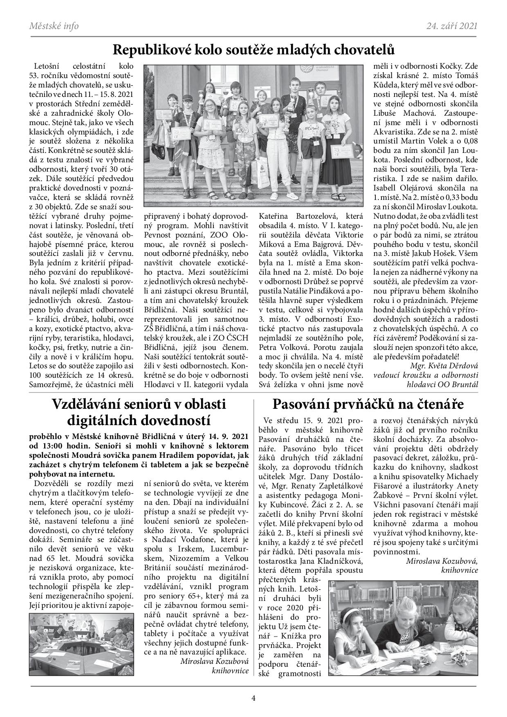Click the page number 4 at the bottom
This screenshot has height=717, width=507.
click(x=253, y=698)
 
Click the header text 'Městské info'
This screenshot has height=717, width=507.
click(x=54, y=26)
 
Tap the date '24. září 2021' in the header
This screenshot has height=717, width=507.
click(x=451, y=26)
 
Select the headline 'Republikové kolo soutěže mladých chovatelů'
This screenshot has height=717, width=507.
click(x=253, y=50)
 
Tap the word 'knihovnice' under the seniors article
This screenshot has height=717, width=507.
click(x=230, y=671)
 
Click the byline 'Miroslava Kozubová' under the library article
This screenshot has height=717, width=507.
click(x=442, y=561)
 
